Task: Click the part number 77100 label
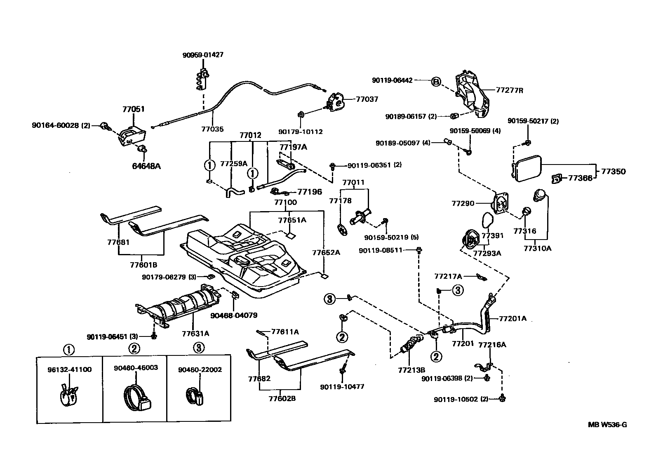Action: pos(285,202)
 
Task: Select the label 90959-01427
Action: pos(203,55)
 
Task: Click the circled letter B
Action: pos(436,82)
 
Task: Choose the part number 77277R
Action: pos(509,90)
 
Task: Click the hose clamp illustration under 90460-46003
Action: pos(136,397)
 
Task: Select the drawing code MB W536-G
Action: pos(607,425)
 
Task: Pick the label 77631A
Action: pos(195,333)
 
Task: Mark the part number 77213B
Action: pos(411,370)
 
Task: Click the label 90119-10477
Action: pos(342,387)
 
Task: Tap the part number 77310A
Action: pos(537,248)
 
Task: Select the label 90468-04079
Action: pos(234,315)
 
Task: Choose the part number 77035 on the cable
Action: pos(212,129)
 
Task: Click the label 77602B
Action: pos(282,398)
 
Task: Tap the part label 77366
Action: pos(580,178)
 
